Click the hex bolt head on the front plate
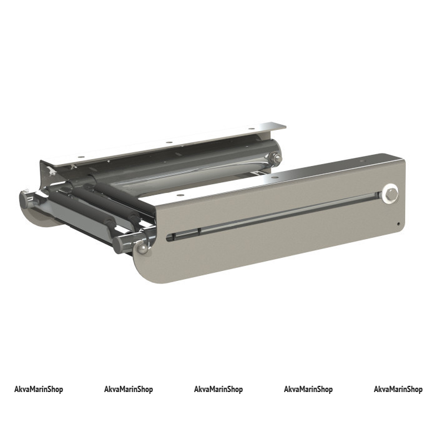pos(392,194)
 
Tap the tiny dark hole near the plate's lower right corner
pos(398,223)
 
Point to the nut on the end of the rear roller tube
pos(277,159)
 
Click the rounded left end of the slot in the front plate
pos(168,238)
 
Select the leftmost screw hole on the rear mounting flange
pos(81,157)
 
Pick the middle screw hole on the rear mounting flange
pos(169,142)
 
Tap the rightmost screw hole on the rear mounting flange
pos(252,129)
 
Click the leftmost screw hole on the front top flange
pos(180,195)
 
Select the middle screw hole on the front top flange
pos(275,177)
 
